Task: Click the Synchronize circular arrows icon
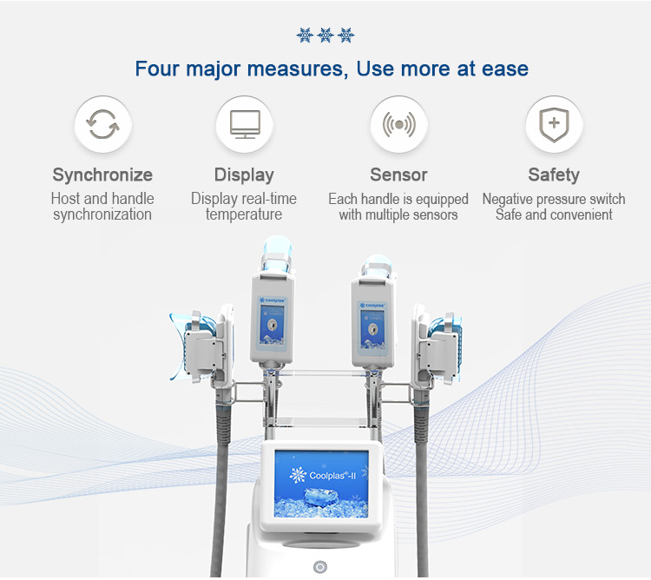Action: [102, 123]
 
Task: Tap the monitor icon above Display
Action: [245, 124]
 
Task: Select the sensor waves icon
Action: [399, 124]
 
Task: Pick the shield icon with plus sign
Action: [554, 124]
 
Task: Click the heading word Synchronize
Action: [102, 175]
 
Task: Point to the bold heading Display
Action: [244, 175]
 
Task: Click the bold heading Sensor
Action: [398, 175]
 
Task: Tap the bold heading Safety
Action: [554, 175]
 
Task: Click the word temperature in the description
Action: [244, 214]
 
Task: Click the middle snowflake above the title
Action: [325, 36]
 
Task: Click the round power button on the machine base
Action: [320, 567]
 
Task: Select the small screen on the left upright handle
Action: [272, 325]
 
